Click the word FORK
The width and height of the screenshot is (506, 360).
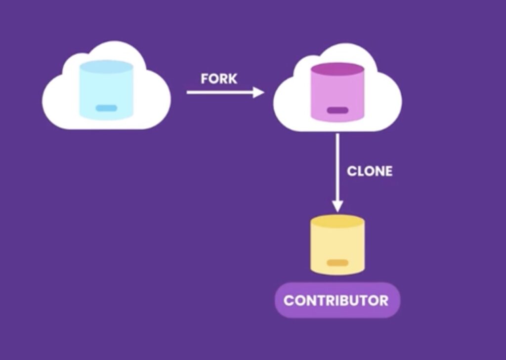click(x=219, y=79)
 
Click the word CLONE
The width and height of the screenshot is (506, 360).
click(x=370, y=171)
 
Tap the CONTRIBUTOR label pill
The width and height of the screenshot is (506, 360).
click(x=337, y=300)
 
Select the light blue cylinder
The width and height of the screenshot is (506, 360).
click(x=106, y=91)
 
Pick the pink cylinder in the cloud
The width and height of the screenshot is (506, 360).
click(x=337, y=94)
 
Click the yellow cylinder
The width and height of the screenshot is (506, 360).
click(x=337, y=246)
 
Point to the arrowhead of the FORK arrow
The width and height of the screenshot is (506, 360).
click(x=258, y=92)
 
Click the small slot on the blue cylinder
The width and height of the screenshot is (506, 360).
click(x=106, y=108)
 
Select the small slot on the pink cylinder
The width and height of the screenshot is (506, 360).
click(x=337, y=110)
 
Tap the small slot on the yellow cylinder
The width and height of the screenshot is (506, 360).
click(x=337, y=263)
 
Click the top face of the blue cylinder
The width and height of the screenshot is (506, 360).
click(x=106, y=67)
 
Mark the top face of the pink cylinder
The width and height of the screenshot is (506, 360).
click(x=337, y=69)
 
